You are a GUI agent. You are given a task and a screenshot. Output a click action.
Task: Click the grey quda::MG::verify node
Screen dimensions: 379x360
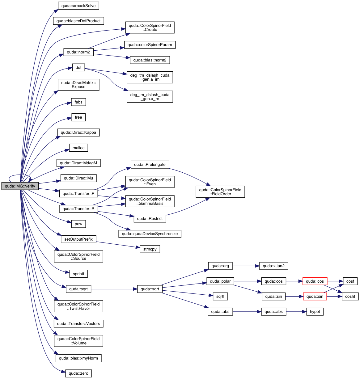click(x=20, y=186)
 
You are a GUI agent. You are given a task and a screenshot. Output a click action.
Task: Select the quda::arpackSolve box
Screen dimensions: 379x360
click(x=78, y=6)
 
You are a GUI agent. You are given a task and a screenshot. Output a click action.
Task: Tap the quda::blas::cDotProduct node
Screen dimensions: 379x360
click(x=78, y=21)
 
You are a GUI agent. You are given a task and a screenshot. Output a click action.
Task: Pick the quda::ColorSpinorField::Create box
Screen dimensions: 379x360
click(x=150, y=27)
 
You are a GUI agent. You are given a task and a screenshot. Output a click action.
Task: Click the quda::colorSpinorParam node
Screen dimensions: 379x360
click(x=150, y=45)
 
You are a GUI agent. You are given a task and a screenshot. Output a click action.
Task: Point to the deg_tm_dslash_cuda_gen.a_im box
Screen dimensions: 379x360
click(x=150, y=77)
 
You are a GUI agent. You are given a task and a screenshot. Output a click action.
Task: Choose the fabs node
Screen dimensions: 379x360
click(x=78, y=102)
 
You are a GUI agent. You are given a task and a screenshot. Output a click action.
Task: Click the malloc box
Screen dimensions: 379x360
click(x=78, y=148)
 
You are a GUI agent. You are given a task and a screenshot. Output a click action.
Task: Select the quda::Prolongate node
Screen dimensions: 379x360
click(x=150, y=165)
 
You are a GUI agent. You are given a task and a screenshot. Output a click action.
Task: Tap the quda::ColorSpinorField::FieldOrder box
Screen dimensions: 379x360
click(x=220, y=192)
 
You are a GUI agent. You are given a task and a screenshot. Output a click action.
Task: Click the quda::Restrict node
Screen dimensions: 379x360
click(x=150, y=219)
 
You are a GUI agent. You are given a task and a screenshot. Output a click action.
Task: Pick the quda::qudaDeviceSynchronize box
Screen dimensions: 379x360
click(x=150, y=234)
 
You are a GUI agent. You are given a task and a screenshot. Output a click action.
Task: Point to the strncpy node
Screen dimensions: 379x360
click(x=150, y=249)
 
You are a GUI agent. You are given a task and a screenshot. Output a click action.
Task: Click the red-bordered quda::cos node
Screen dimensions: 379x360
click(x=315, y=281)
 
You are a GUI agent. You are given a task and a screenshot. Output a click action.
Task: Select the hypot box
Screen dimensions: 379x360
click(x=315, y=312)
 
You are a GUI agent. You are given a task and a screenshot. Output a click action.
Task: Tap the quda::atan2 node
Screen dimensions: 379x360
click(x=273, y=266)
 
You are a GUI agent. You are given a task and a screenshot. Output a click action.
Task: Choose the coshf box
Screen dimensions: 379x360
click(x=350, y=297)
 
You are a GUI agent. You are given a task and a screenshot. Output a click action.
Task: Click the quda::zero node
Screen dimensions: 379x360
click(x=78, y=373)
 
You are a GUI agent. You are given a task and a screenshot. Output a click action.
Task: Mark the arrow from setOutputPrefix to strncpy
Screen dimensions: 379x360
click(x=117, y=244)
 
